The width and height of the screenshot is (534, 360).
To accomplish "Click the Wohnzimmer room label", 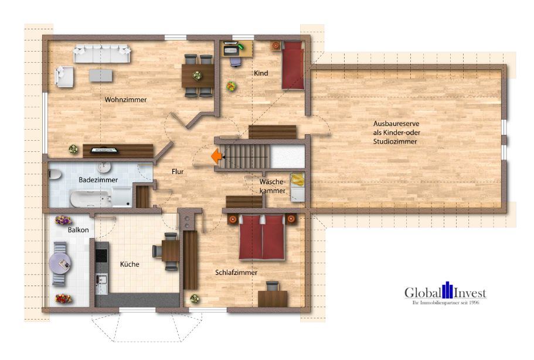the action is coord(125,100).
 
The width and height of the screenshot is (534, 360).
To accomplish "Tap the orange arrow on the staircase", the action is coord(216,155).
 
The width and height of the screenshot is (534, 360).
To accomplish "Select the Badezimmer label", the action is coord(98,180).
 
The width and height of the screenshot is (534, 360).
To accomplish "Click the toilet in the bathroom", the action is coord(55,175).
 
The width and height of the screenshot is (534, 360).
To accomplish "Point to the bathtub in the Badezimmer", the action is coord(91,199).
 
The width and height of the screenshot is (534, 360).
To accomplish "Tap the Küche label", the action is coord(130,264).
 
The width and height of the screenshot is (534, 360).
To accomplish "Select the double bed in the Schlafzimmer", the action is coord(261,237).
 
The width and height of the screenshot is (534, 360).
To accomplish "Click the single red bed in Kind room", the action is coord(292,65).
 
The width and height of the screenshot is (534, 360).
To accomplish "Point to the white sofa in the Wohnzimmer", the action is coord(102,54).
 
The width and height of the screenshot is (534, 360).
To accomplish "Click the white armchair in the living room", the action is coord(64,77).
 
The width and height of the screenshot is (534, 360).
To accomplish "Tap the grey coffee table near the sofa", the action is coord(101,75).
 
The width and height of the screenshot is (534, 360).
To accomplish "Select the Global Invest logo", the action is coord(446,293).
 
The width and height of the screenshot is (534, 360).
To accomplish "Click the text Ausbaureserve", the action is coord(396,124).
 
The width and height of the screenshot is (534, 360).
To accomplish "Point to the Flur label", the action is coord(178,172).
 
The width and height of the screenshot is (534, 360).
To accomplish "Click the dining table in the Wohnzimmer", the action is coord(198,76).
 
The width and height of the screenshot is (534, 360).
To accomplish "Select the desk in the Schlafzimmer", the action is coord(273,298).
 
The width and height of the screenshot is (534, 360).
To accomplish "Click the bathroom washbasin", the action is coord(104,167).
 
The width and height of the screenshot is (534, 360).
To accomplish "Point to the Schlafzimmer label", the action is coord(236,273).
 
